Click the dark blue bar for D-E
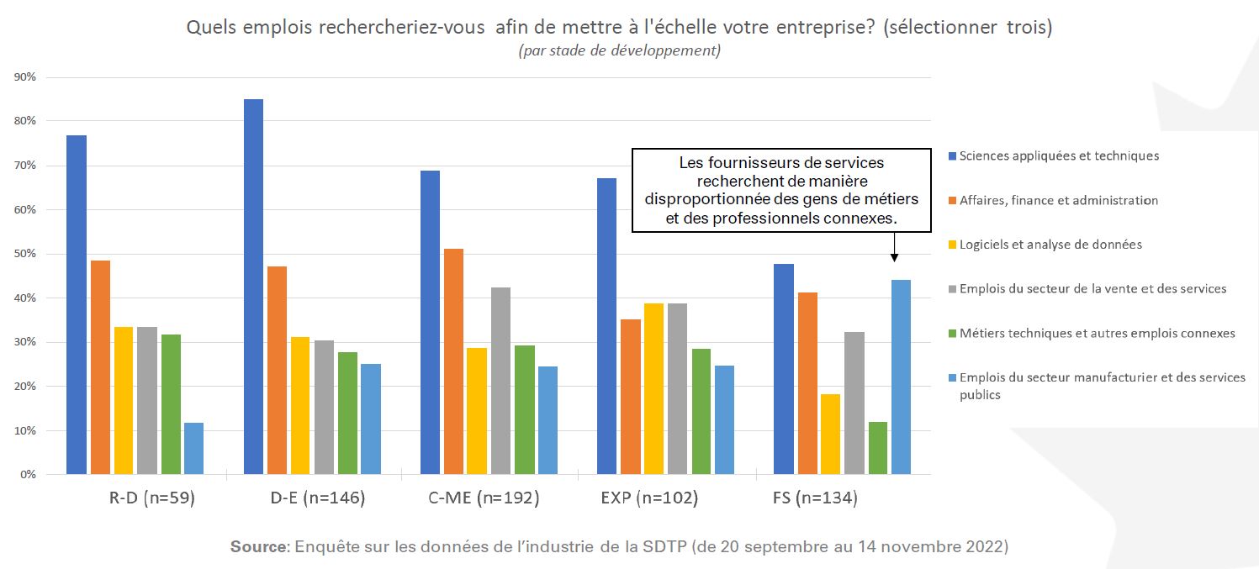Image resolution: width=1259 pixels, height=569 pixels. [x=253, y=287]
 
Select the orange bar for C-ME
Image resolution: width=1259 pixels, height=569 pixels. [x=453, y=361]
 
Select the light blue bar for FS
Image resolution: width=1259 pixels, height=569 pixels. [x=901, y=377]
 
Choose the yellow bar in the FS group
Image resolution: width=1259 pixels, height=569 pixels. [x=830, y=434]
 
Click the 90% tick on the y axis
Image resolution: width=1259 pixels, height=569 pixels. [x=25, y=77]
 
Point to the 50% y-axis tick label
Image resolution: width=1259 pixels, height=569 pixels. [x=25, y=254]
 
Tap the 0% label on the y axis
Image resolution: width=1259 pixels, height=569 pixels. [x=28, y=474]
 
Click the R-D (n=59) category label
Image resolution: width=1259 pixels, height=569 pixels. [x=152, y=498]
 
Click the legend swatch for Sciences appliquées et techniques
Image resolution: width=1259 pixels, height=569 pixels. [x=952, y=156]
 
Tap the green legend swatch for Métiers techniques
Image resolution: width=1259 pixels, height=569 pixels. [x=952, y=334]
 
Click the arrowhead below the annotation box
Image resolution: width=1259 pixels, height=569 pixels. [x=893, y=257]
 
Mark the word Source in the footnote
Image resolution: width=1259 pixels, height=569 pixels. [x=259, y=546]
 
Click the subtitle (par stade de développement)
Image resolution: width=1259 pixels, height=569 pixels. [x=619, y=50]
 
